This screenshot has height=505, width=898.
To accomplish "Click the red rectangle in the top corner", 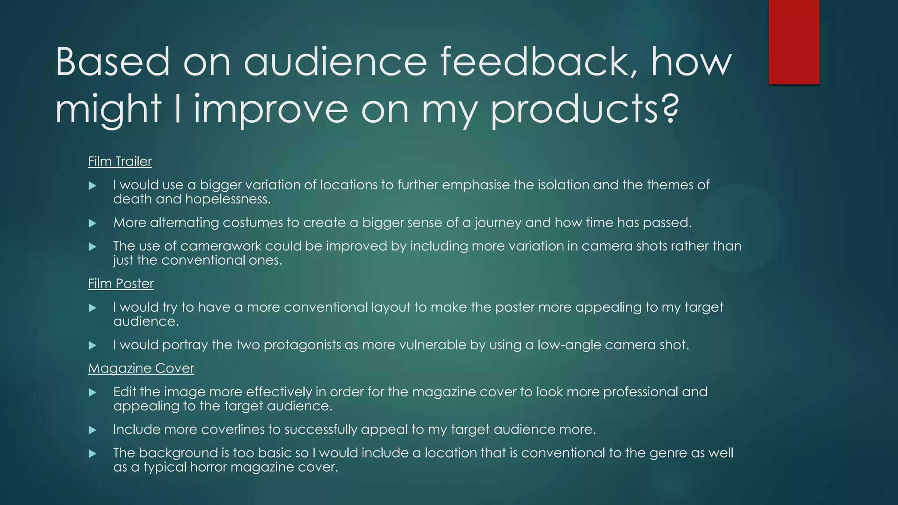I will pos(794,42).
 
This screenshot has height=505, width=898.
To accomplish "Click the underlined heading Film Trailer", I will pos(120,161).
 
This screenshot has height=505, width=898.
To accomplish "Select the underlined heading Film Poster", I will pos(121,284).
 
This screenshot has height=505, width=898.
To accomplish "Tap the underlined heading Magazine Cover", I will pos(141,368).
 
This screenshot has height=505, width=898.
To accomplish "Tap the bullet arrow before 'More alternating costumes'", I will pos(92,223).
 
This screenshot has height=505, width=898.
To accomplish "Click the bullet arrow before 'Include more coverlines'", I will pos(92,430).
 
